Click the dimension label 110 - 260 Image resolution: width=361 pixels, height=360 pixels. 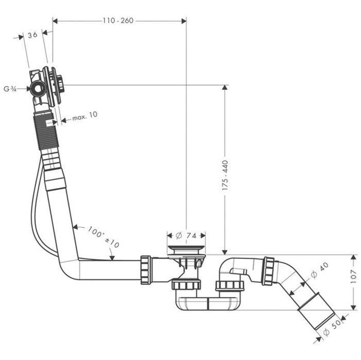tap(119, 21)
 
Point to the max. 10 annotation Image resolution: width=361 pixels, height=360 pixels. tap(84, 117)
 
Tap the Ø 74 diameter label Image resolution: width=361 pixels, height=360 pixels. tap(186, 235)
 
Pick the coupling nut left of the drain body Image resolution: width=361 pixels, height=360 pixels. tap(146, 269)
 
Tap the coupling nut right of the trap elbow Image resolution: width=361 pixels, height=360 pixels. tap(268, 271)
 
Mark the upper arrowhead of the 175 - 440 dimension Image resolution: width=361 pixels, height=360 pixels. tap(225, 88)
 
